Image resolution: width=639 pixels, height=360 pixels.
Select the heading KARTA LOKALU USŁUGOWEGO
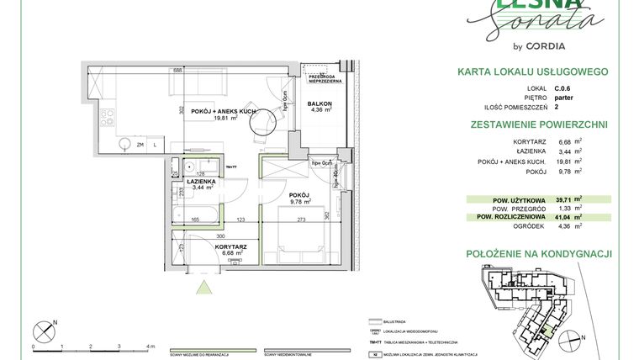532,73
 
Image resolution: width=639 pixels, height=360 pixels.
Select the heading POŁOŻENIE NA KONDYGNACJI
538,253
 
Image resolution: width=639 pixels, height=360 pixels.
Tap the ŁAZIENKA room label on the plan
202,181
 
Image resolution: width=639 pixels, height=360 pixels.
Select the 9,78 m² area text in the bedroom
300,202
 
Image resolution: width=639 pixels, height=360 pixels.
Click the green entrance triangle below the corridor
202,288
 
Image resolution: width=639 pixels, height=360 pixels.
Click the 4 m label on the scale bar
150,347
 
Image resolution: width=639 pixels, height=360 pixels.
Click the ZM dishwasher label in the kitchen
140,145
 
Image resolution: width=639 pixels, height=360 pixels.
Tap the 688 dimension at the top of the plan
177,71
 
